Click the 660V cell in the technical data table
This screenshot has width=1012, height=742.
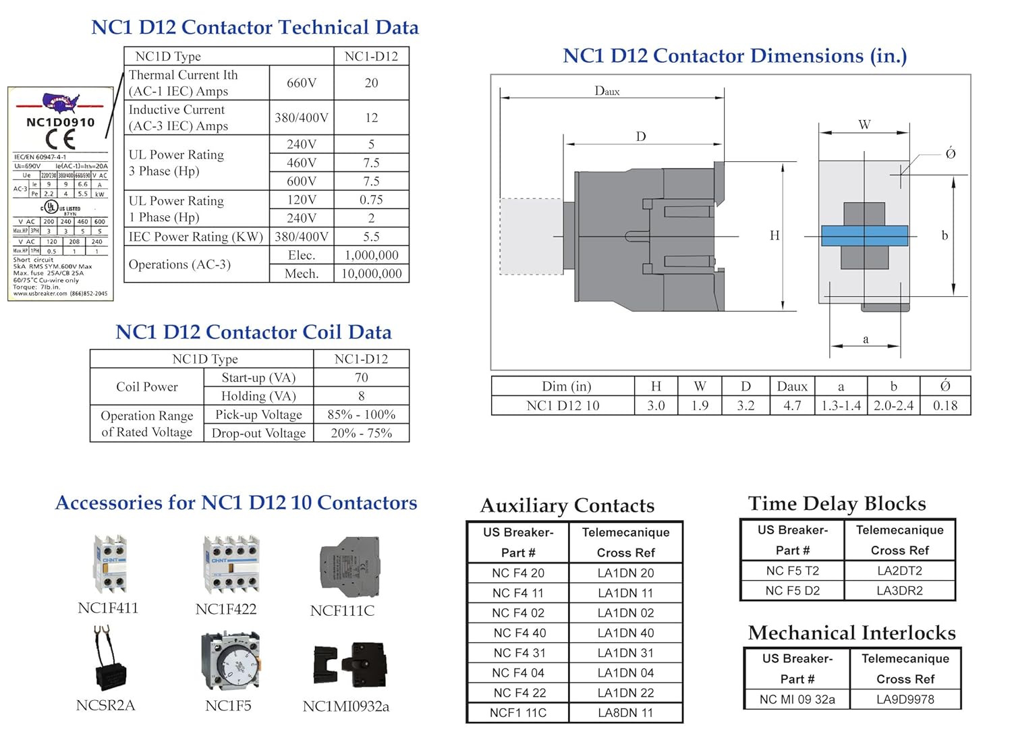click(x=302, y=83)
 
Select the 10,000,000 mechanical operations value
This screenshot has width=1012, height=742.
click(x=371, y=274)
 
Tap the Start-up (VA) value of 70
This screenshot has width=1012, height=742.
click(x=362, y=378)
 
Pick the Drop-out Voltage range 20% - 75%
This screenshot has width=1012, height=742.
click(x=362, y=433)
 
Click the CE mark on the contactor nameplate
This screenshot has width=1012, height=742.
click(x=61, y=139)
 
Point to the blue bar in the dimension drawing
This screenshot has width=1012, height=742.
click(x=864, y=235)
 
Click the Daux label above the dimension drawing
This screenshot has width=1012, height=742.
click(x=607, y=91)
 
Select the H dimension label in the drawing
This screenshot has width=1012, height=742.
click(x=775, y=235)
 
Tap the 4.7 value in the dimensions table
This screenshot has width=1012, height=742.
click(x=792, y=405)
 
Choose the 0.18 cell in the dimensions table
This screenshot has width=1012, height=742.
click(x=945, y=405)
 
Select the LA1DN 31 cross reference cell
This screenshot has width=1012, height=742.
click(x=625, y=653)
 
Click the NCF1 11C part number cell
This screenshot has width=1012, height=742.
click(x=518, y=713)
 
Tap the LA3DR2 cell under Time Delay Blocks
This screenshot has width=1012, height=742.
click(x=900, y=591)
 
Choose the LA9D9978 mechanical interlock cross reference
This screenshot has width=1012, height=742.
click(x=905, y=700)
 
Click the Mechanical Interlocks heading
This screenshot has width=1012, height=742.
click(x=851, y=633)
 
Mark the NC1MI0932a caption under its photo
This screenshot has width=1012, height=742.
click(x=346, y=706)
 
